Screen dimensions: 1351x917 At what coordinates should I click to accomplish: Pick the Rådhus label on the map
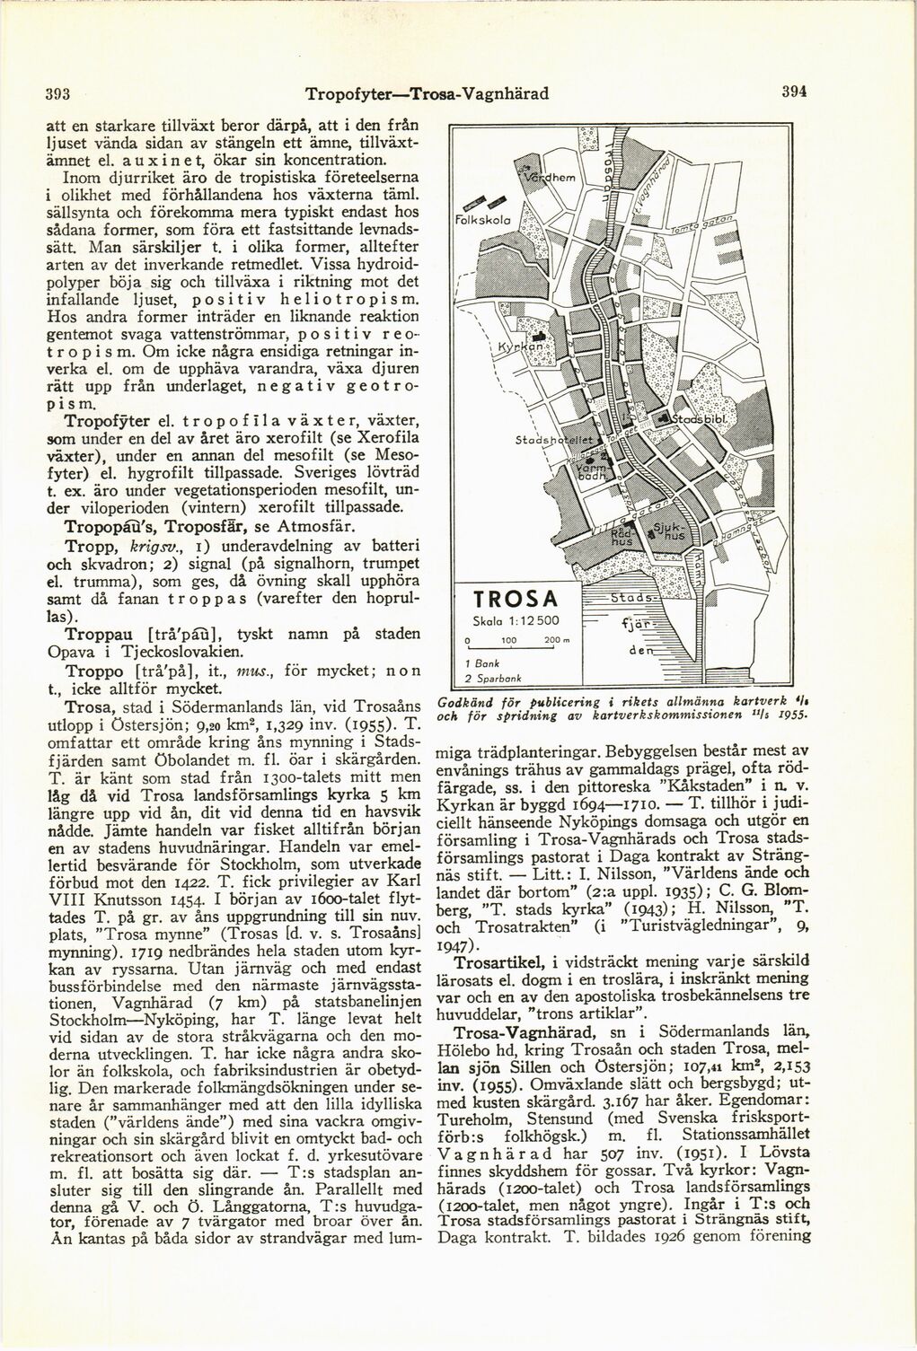coord(622,536)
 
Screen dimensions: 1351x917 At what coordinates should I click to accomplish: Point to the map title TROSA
coord(516,599)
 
